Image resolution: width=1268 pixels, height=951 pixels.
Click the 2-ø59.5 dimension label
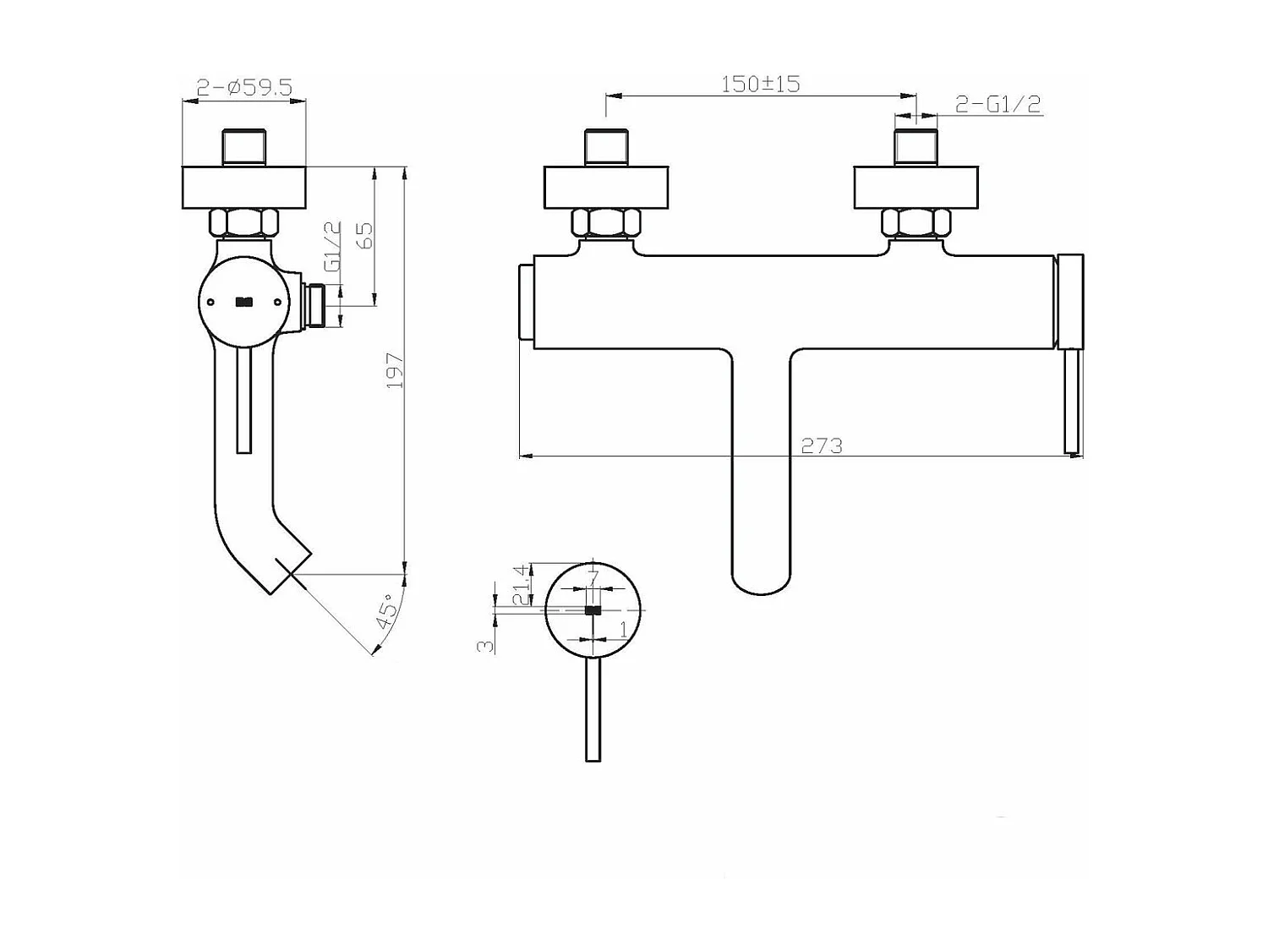pyautogui.click(x=243, y=87)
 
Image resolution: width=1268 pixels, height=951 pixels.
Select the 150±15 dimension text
pyautogui.click(x=760, y=84)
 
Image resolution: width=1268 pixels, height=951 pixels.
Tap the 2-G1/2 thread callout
pyautogui.click(x=997, y=104)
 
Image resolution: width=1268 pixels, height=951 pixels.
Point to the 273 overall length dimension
pyautogui.click(x=821, y=445)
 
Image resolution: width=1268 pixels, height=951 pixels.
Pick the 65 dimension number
pyautogui.click(x=365, y=236)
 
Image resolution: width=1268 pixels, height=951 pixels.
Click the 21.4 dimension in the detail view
pyautogui.click(x=522, y=584)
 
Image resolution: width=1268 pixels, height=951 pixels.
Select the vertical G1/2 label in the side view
pyautogui.click(x=332, y=246)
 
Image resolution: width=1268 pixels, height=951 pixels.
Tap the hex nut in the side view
pyautogui.click(x=243, y=223)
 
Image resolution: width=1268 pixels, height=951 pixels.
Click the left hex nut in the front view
pyautogui.click(x=605, y=223)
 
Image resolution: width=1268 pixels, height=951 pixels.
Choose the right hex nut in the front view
pyautogui.click(x=915, y=223)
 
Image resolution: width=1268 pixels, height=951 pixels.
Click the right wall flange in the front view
pyautogui.click(x=915, y=188)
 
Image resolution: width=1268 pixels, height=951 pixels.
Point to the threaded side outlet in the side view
pyautogui.click(x=314, y=305)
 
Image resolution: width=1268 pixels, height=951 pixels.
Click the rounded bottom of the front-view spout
pyautogui.click(x=761, y=583)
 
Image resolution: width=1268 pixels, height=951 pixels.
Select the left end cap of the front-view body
pyautogui.click(x=525, y=302)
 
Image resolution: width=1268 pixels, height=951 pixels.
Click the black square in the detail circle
pyautogui.click(x=593, y=610)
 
